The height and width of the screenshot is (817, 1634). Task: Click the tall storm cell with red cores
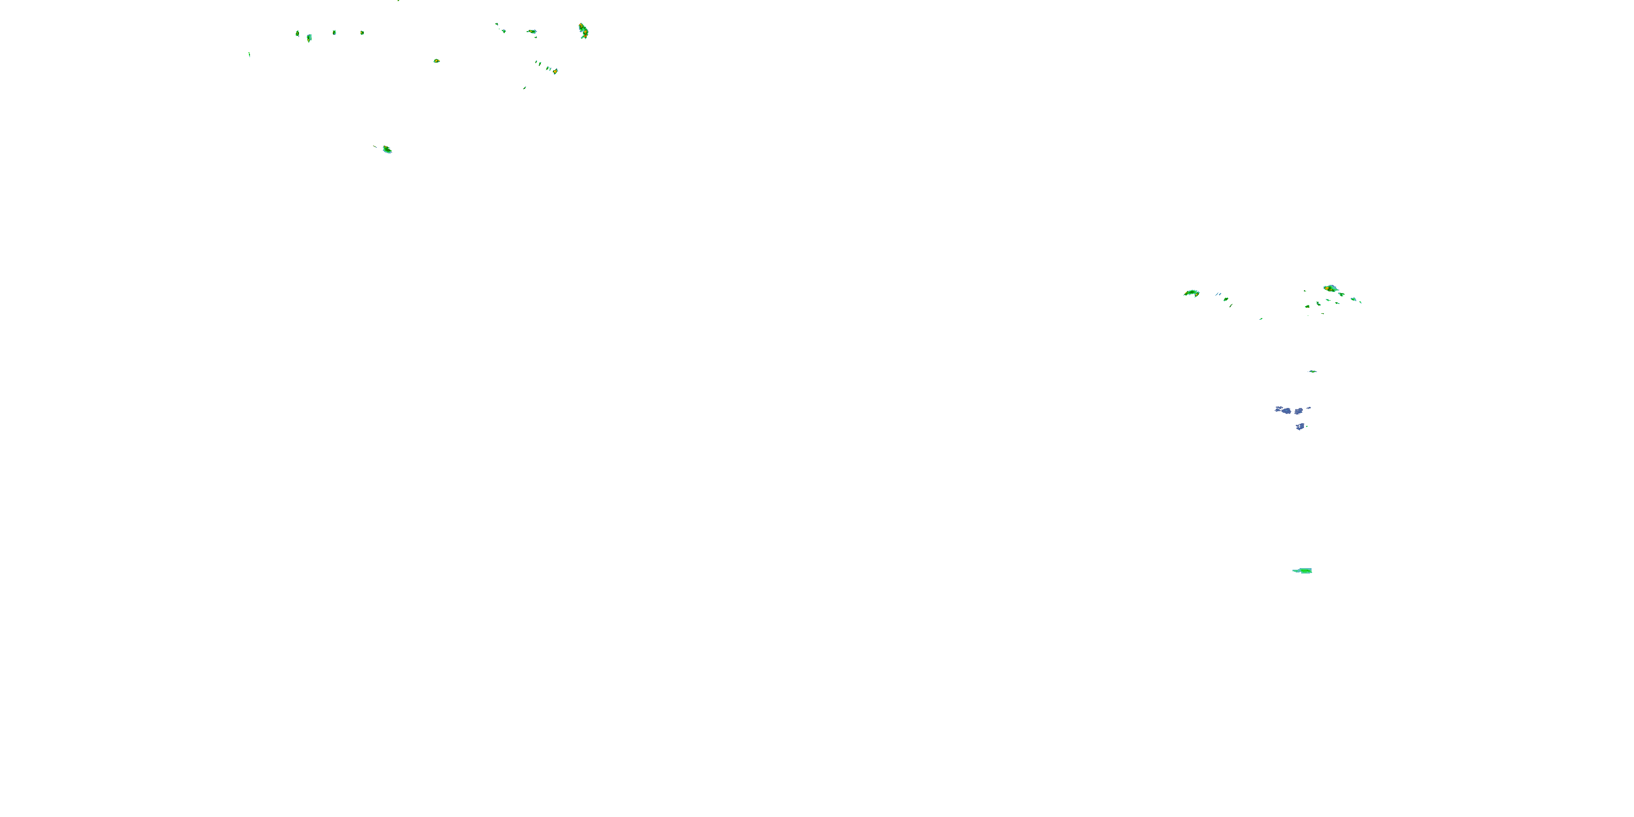(583, 31)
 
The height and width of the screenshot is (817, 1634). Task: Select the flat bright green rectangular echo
(1303, 570)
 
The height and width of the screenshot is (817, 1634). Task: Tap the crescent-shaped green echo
(1191, 293)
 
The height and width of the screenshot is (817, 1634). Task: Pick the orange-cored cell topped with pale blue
(1330, 289)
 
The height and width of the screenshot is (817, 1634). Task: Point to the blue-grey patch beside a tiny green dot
(1300, 426)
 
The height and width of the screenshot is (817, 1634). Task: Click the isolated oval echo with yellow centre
(436, 61)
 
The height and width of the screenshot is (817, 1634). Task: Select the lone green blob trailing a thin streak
(386, 150)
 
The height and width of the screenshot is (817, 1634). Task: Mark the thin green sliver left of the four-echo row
(249, 54)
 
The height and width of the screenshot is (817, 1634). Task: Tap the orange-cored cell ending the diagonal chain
(555, 71)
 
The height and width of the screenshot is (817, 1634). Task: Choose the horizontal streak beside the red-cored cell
(532, 31)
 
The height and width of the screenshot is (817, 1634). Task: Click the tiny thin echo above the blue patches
(1313, 371)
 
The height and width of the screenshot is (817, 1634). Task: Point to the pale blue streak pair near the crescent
(1218, 294)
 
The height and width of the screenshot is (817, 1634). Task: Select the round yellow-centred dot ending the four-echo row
(362, 32)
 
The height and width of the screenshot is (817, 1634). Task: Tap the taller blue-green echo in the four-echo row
(309, 38)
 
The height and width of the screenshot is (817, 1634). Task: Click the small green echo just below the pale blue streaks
(1225, 299)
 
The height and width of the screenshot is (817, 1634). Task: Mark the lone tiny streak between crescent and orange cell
(1260, 319)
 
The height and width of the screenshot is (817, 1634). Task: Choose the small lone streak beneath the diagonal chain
(525, 88)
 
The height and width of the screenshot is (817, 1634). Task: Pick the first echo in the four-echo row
(297, 33)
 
